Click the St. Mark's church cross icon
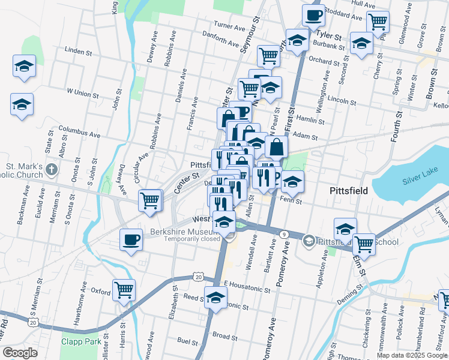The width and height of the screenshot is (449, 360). point(52,169)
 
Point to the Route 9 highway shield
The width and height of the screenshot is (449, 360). point(283,233)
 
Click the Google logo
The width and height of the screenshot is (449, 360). point(20,353)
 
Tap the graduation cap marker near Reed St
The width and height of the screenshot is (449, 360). point(215,297)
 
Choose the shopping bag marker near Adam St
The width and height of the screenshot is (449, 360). point(276,146)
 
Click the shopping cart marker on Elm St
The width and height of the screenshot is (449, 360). point(364,244)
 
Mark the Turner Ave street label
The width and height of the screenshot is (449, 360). point(230,27)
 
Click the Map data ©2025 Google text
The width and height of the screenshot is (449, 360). point(412,355)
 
